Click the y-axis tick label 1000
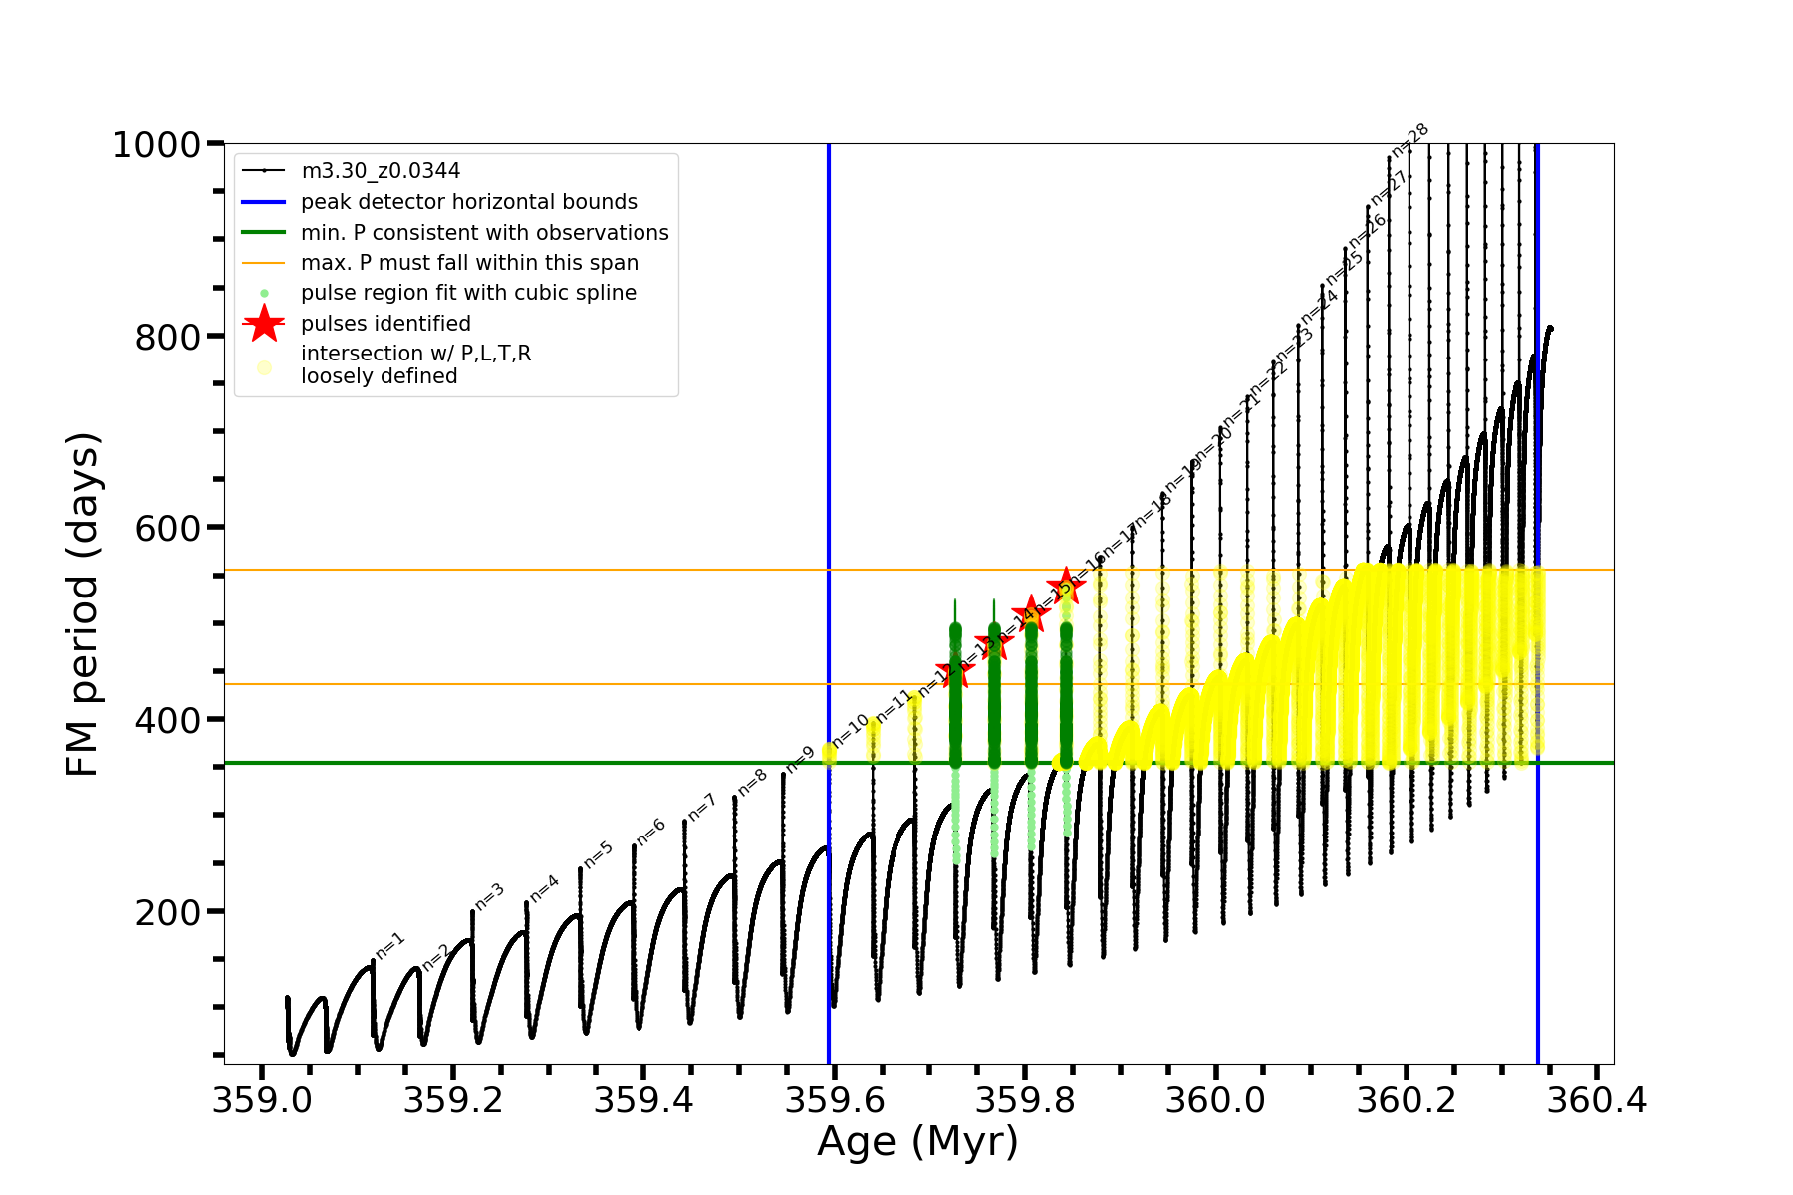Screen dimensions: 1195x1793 156,145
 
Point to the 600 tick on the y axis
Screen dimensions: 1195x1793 168,528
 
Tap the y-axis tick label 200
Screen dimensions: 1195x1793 168,912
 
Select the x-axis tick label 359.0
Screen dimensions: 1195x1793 262,1100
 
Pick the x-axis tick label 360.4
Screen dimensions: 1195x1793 1598,1100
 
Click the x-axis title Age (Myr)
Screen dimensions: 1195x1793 917,1142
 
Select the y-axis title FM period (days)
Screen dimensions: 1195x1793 82,603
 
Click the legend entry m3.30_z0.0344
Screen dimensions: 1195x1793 381,171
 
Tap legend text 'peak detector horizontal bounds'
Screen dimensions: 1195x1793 468,202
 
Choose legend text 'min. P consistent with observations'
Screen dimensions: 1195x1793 484,233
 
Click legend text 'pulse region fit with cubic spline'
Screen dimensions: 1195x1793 468,293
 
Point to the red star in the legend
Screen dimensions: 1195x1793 264,324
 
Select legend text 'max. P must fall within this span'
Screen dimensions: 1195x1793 469,263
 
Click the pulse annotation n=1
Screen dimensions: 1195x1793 390,945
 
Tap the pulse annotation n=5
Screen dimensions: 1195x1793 598,854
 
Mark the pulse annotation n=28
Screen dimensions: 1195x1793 1410,140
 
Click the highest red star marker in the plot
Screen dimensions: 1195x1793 1066,586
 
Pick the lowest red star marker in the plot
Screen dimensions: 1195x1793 955,674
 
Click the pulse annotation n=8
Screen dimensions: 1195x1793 752,782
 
